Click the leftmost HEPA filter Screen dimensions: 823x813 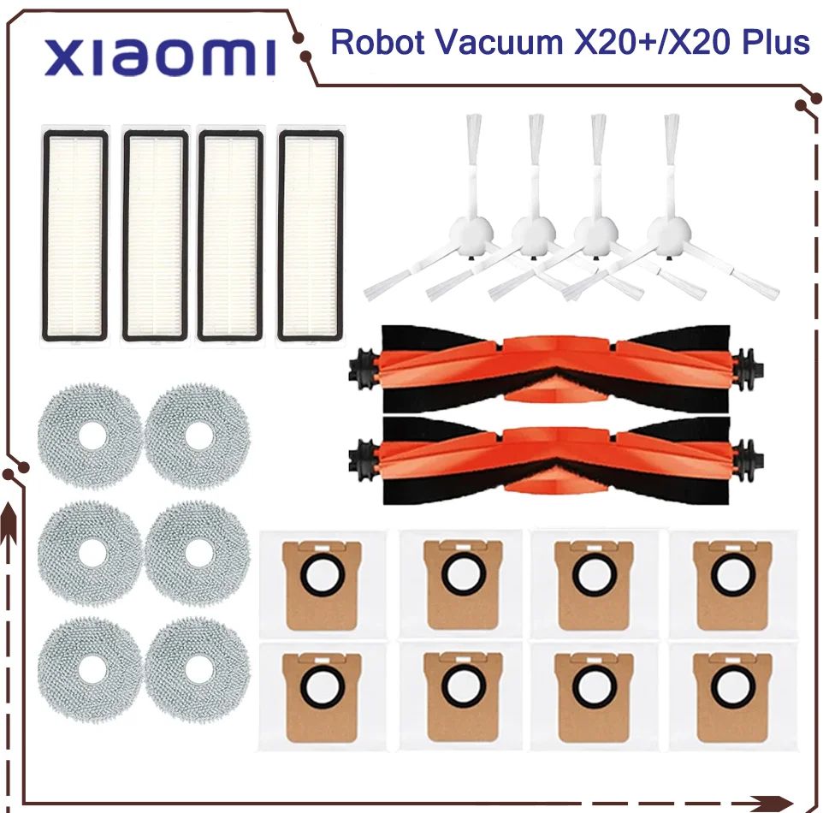(x=75, y=235)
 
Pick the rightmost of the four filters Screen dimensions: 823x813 (x=311, y=235)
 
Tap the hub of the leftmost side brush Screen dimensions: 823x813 (x=471, y=232)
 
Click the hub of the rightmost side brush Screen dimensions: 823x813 (x=668, y=232)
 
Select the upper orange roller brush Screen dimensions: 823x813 (x=556, y=369)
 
